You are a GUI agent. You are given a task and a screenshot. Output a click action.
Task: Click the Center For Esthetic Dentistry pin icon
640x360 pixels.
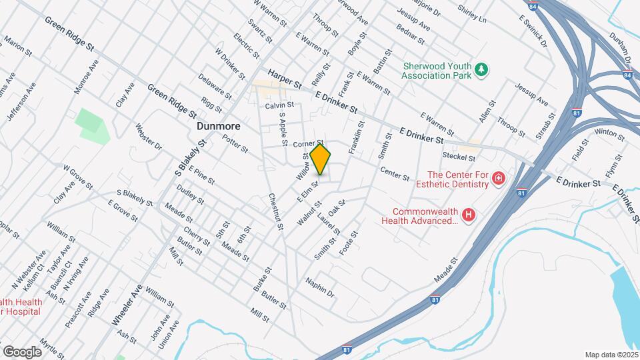tap(498, 178)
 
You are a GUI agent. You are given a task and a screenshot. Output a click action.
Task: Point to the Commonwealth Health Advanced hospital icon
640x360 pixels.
tap(469, 215)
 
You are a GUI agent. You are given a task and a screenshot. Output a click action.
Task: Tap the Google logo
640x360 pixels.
tap(23, 351)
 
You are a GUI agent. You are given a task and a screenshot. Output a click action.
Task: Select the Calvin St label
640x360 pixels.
tap(279, 105)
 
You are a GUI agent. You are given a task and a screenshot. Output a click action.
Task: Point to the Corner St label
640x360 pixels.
tap(308, 143)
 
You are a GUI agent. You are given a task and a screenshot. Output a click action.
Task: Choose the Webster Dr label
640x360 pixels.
tap(149, 136)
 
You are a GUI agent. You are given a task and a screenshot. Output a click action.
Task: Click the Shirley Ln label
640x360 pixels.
tap(472, 14)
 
